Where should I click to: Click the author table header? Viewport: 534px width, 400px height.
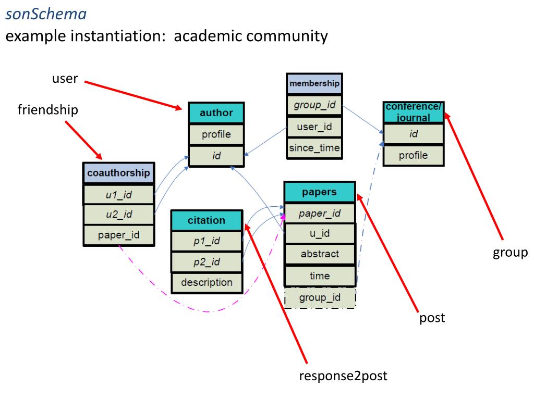[x=216, y=113]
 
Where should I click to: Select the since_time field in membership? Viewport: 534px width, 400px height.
[x=314, y=148]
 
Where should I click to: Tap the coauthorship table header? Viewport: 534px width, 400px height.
[x=118, y=173]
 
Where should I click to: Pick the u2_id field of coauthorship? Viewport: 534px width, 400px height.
[x=118, y=214]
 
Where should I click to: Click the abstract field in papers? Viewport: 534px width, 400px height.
[x=320, y=254]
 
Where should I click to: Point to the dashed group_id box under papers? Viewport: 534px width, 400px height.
[x=320, y=297]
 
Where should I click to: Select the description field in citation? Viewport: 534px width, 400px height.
[x=207, y=282]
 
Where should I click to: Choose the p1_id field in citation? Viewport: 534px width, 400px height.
[x=207, y=241]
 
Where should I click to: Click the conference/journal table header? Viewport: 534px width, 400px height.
[x=414, y=112]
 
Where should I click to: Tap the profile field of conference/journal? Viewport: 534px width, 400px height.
[x=414, y=155]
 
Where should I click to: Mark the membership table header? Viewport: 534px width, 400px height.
[x=314, y=84]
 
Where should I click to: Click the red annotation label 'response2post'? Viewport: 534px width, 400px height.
[x=343, y=376]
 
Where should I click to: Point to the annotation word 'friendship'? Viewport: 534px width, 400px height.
[x=47, y=110]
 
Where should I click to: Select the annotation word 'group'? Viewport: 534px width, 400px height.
[x=510, y=253]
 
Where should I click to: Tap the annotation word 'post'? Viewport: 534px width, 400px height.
[x=432, y=318]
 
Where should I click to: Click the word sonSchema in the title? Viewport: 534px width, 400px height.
[x=46, y=14]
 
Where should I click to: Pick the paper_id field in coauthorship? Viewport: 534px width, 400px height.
[x=118, y=235]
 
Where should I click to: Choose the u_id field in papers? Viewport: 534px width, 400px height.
[x=320, y=233]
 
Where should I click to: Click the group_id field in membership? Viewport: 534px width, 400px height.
[x=314, y=105]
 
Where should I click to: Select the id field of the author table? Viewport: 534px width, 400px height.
[x=216, y=156]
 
